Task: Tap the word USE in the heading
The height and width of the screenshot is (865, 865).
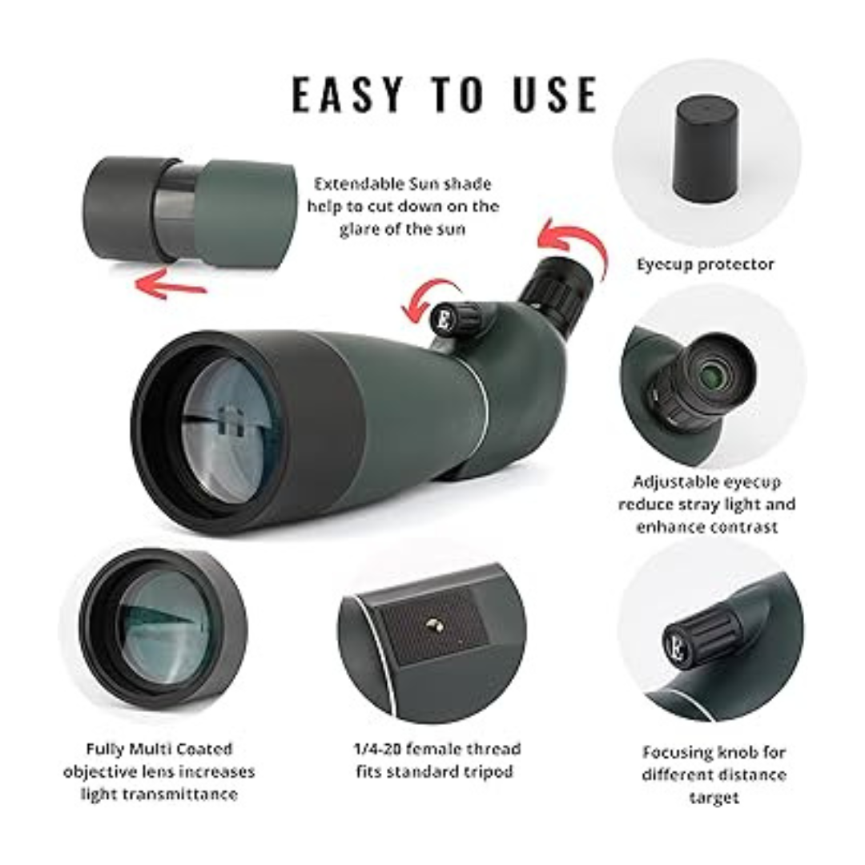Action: point(551,95)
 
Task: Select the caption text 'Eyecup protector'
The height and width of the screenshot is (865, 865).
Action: point(706,264)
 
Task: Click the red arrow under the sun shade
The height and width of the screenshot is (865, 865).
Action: point(169,284)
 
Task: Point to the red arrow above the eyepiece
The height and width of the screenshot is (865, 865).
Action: point(577,244)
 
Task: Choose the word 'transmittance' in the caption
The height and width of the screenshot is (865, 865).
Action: point(160,795)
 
